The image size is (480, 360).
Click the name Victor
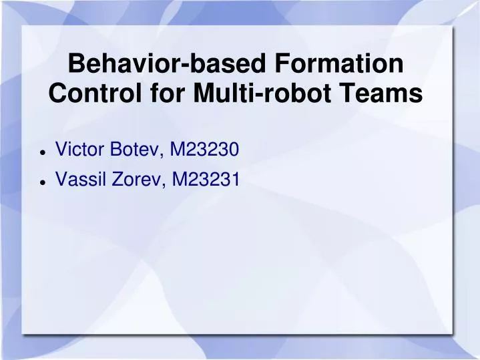[79, 150]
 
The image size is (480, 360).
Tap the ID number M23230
[205, 150]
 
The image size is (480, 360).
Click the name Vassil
[79, 179]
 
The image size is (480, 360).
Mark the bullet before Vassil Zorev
[43, 181]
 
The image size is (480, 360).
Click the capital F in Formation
[286, 64]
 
